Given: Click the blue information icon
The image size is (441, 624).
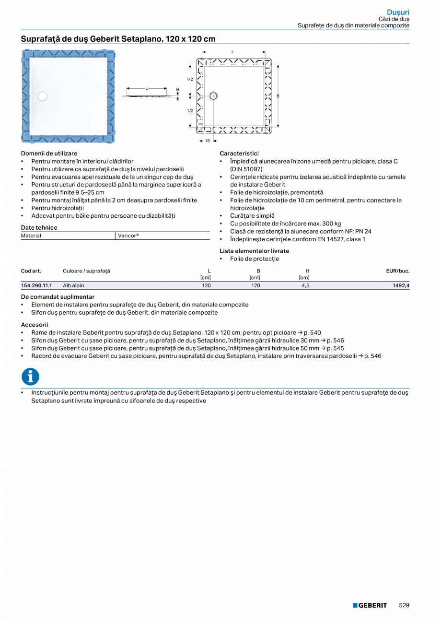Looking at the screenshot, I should pos(30,377).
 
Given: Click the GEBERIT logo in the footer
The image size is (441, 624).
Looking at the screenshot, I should pos(370,605).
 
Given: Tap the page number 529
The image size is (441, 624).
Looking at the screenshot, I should pos(404,605).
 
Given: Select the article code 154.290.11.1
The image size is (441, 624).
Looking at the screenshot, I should pos(36,285).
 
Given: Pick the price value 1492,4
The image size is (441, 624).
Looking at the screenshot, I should pos(400,285).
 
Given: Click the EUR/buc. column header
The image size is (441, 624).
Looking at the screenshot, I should pos(397,271).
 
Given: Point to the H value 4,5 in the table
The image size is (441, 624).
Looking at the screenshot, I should pos(305,285).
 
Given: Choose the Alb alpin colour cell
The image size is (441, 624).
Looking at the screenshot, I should pos(73,285).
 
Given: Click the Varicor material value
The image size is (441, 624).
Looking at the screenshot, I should pos(128,235).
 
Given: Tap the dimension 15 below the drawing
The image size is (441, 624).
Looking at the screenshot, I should pos(208,141).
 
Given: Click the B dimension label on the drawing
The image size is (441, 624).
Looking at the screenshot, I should pos(278,96).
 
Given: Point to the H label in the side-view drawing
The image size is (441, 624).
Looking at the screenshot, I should pos(177,90).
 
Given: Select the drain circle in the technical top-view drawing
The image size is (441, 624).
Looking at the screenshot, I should pos(213,95).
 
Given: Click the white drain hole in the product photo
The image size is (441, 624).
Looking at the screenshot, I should pos(43,96).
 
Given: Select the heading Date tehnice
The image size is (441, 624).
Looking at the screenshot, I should pos(39,227).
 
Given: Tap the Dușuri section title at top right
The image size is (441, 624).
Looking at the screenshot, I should pos(398,12).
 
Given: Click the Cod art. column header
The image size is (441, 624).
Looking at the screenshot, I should pos(31,271).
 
